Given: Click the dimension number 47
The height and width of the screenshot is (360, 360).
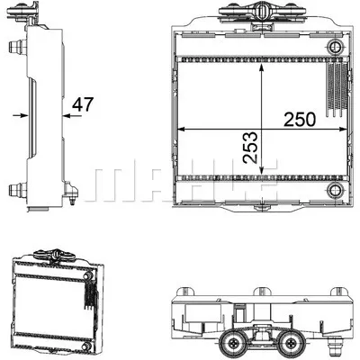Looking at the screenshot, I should click(x=83, y=103).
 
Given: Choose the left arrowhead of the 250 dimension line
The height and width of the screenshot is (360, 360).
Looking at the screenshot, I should click(x=180, y=129).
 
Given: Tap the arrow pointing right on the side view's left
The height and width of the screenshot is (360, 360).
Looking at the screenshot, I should click(x=19, y=115).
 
